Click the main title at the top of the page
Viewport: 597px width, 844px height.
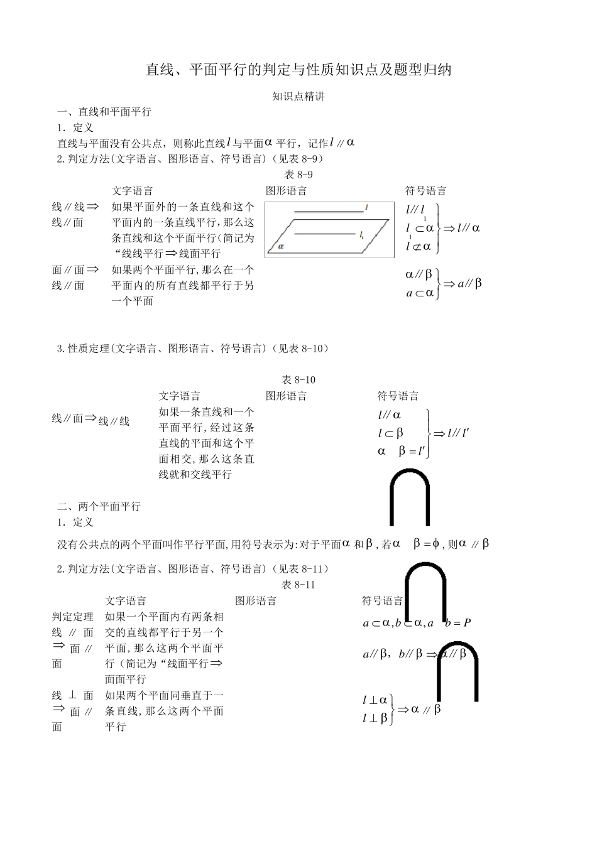click(x=298, y=70)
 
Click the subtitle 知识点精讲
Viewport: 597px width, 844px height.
click(x=298, y=97)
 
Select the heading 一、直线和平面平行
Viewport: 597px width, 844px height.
click(x=104, y=112)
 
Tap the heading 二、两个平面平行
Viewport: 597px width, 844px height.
click(x=99, y=507)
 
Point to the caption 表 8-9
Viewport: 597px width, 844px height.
click(x=298, y=175)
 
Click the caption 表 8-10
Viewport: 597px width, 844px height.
click(x=298, y=380)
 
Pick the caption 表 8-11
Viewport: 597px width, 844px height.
click(x=298, y=585)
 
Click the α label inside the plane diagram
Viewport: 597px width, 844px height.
click(x=273, y=247)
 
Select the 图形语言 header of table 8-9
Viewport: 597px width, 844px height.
click(x=286, y=191)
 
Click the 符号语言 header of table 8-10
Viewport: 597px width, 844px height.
click(x=398, y=396)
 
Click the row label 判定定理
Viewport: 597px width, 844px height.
click(x=72, y=617)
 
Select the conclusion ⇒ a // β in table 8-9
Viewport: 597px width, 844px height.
click(x=463, y=284)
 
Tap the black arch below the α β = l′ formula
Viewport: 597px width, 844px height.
click(x=410, y=496)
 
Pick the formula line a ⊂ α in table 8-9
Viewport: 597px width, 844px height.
click(x=420, y=293)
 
